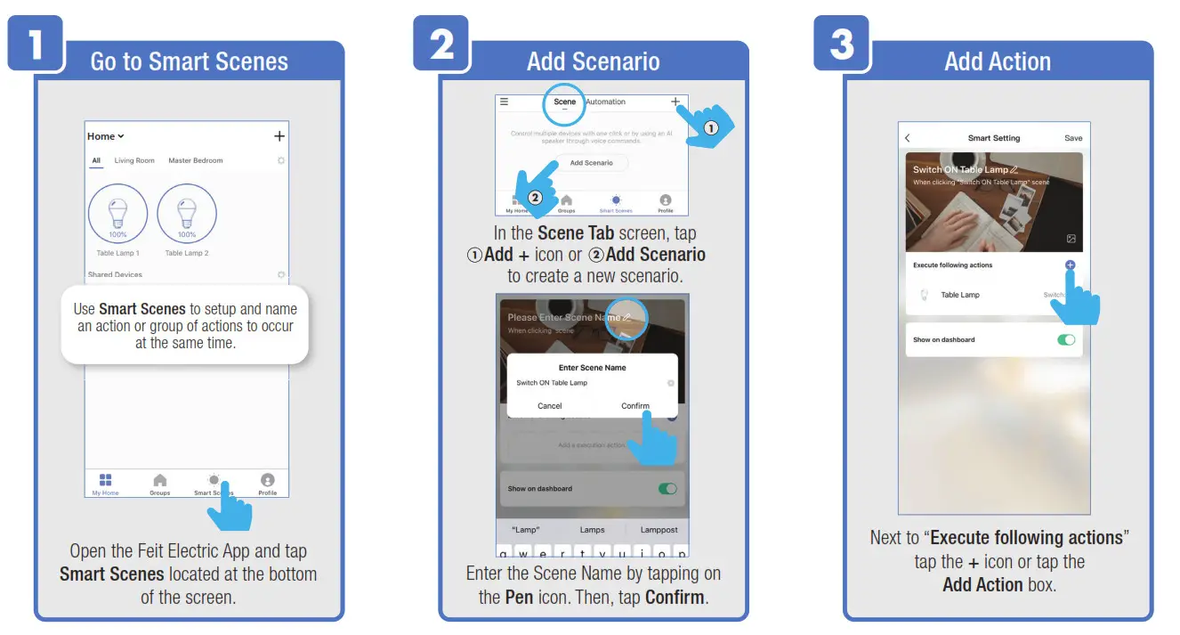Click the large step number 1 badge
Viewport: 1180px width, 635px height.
click(x=36, y=43)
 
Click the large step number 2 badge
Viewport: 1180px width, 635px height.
click(x=441, y=43)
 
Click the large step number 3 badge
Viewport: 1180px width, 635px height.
click(x=842, y=43)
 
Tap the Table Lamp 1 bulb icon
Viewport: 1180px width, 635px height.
click(x=118, y=214)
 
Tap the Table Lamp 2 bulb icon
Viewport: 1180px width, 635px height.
click(x=187, y=214)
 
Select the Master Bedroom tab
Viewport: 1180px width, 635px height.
click(x=196, y=160)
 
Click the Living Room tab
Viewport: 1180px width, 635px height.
click(x=134, y=160)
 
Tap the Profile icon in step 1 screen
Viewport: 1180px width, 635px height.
click(x=268, y=483)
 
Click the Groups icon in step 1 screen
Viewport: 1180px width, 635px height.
click(x=160, y=483)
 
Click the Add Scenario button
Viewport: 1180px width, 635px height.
click(x=592, y=163)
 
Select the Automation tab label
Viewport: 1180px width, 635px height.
click(x=606, y=102)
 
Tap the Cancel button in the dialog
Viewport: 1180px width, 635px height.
click(x=550, y=406)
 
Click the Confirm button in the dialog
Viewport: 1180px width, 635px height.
click(x=635, y=406)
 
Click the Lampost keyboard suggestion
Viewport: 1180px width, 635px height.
click(x=659, y=530)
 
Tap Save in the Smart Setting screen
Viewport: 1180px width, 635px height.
click(x=1073, y=138)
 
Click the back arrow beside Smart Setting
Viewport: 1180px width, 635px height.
click(x=908, y=138)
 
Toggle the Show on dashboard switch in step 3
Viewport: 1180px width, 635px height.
click(x=1065, y=340)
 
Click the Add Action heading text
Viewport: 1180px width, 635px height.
click(x=998, y=61)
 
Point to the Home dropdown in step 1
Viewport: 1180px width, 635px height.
click(x=106, y=136)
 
